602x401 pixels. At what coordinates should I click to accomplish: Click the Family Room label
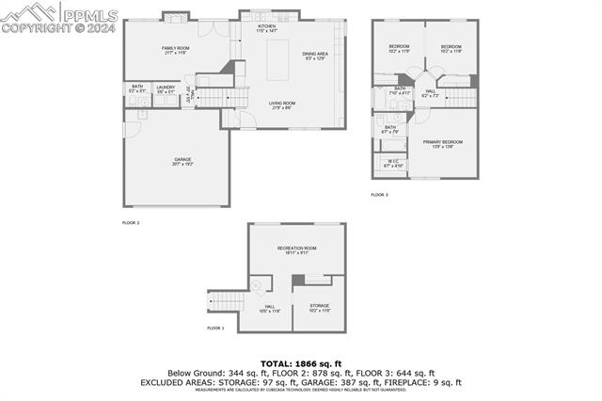175,49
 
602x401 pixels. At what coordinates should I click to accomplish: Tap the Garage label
182,162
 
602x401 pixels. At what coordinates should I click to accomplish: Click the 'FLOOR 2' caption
131,222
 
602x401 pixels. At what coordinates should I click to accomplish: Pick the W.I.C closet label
392,163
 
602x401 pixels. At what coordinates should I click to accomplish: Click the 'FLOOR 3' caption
379,194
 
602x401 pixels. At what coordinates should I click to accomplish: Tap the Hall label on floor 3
430,93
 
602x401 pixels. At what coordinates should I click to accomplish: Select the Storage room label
319,308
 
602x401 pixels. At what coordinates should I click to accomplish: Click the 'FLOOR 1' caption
215,328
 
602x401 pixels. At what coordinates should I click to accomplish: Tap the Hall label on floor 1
269,308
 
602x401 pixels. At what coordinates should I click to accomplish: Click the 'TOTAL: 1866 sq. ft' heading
300,363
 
